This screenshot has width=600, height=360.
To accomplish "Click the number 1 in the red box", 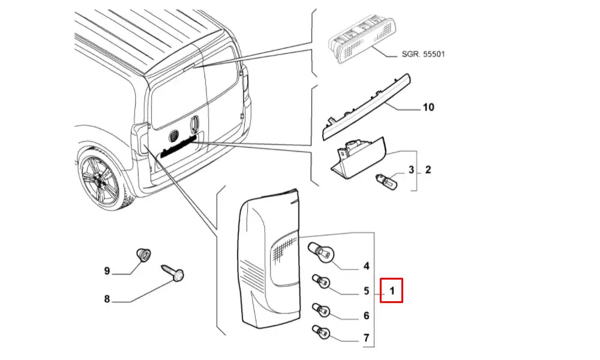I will coord(391,292).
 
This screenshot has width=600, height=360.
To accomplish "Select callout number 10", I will coord(428,108).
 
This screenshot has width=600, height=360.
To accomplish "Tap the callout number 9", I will coord(107,272).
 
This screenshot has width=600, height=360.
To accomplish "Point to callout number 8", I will coord(107,298).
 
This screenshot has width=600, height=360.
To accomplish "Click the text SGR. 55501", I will coord(424,54).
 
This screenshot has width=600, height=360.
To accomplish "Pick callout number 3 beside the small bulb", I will coord(412,170).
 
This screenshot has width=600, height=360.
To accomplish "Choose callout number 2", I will coord(428,170).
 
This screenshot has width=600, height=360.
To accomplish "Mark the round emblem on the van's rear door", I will coord(174,134).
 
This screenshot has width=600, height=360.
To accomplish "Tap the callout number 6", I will coord(366,316).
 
